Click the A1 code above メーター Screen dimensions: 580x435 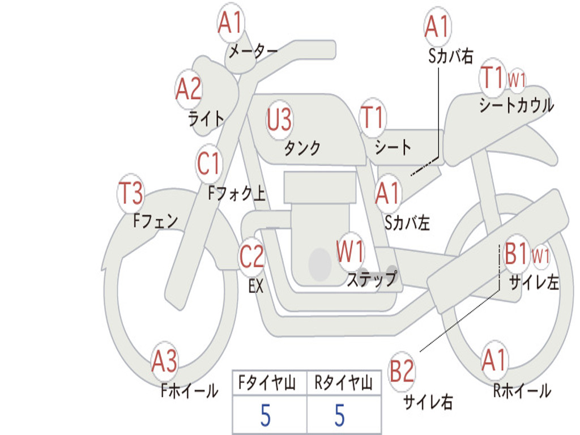coord(230,23)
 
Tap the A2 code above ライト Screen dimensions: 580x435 coord(188,89)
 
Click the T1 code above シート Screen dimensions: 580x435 coord(372,117)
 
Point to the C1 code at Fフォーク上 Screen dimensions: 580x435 coord(208,163)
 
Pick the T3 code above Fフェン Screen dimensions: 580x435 coord(130,193)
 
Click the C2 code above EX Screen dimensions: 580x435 coord(251,256)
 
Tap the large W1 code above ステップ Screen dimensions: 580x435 coord(350,251)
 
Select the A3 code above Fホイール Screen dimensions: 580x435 coord(164,361)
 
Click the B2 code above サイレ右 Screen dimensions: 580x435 coord(402,370)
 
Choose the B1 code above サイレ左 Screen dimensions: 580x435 coord(515,254)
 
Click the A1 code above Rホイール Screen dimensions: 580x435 coord(494,360)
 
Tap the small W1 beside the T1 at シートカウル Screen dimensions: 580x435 coord(517,79)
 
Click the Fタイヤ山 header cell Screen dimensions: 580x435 coord(270,383)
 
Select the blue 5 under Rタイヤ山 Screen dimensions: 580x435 coord(340,415)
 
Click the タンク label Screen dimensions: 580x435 coord(302,148)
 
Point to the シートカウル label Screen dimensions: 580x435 coord(517,105)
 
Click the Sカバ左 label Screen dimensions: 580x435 coord(407,223)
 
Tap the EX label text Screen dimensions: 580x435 coord(256,286)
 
